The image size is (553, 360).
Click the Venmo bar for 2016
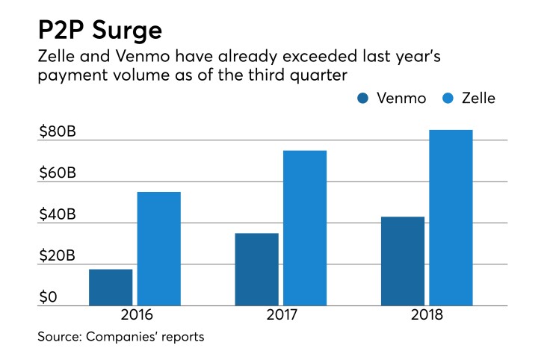(x=111, y=288)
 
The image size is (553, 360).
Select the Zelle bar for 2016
(x=158, y=249)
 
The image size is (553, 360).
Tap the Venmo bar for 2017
(x=256, y=270)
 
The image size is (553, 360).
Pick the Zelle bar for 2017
(x=304, y=229)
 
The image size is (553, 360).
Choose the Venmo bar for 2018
(x=403, y=261)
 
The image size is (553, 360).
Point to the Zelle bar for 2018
(x=451, y=218)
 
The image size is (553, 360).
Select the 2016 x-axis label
(x=135, y=315)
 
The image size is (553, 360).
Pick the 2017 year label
(x=281, y=315)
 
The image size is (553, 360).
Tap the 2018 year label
(x=427, y=315)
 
